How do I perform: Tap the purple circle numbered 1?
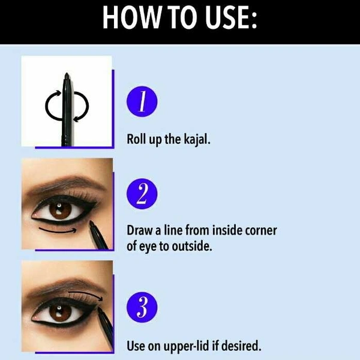(x=142, y=101)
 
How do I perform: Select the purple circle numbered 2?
(x=142, y=194)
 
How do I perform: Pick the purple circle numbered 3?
(x=142, y=307)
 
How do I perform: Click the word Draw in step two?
(x=140, y=230)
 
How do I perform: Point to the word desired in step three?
(x=241, y=346)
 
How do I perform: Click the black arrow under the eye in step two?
(x=58, y=231)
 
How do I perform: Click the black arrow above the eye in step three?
(x=86, y=295)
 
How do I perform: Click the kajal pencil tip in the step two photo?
(x=91, y=222)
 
